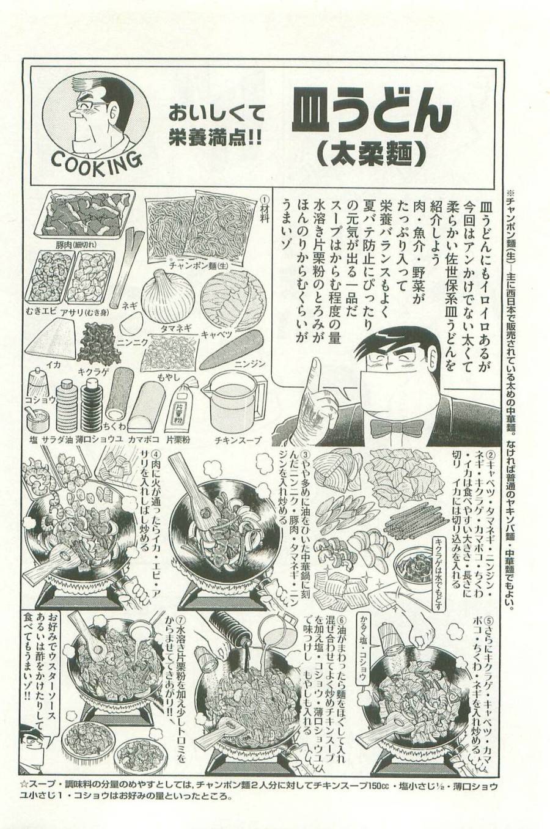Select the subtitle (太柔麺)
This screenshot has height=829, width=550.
(x=371, y=153)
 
